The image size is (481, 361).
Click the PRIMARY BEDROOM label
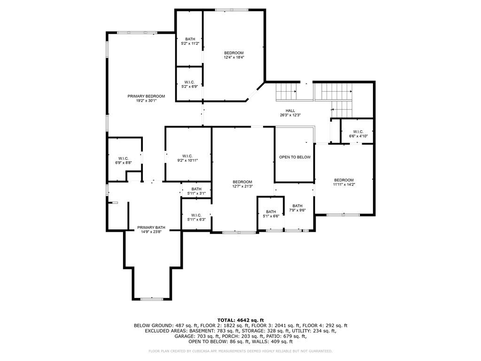pyautogui.click(x=146, y=96)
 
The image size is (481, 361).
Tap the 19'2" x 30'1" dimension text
pyautogui.click(x=146, y=101)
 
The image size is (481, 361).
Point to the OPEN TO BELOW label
pyautogui.click(x=295, y=157)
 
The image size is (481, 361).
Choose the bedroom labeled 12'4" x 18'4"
pyautogui.click(x=233, y=55)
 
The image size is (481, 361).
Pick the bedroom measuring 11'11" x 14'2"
pyautogui.click(x=344, y=182)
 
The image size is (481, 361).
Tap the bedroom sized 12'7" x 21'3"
pyautogui.click(x=242, y=184)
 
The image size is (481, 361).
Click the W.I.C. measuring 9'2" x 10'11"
pyautogui.click(x=187, y=159)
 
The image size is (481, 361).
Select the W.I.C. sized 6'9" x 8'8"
pyautogui.click(x=124, y=161)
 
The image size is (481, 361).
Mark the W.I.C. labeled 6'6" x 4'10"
pyautogui.click(x=358, y=134)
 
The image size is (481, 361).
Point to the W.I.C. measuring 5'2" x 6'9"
pyautogui.click(x=189, y=84)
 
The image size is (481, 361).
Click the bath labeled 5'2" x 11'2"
pyautogui.click(x=190, y=41)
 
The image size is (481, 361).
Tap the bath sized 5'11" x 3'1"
pyautogui.click(x=196, y=191)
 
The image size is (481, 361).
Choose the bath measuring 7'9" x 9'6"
pyautogui.click(x=297, y=208)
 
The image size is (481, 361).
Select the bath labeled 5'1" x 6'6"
pyautogui.click(x=271, y=214)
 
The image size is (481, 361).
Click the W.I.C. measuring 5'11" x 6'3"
pyautogui.click(x=196, y=217)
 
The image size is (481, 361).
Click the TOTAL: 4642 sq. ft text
pyautogui.click(x=240, y=320)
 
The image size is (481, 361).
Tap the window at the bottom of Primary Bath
pyautogui.click(x=152, y=299)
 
